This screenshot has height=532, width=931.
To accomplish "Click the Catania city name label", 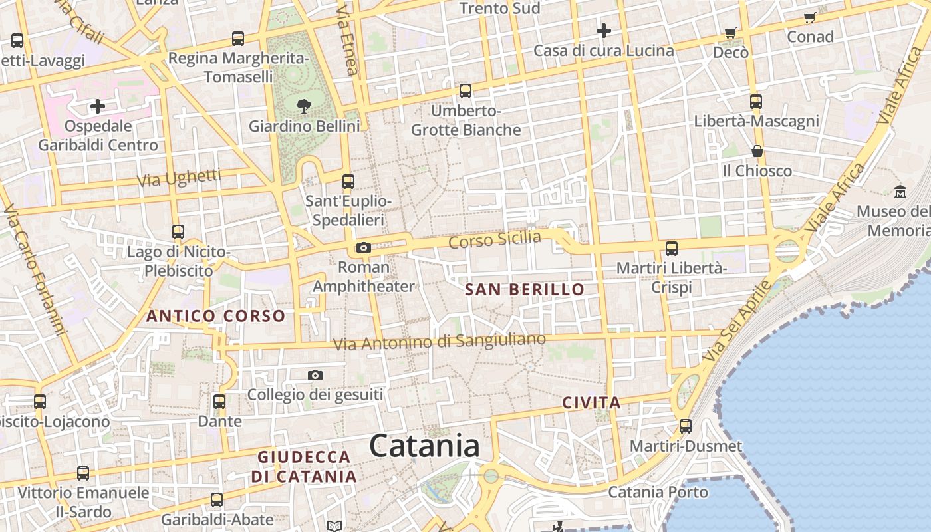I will (x=424, y=445).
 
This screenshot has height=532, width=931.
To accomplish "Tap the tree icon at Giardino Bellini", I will (x=304, y=106).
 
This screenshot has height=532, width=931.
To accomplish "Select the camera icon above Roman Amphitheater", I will (x=363, y=248).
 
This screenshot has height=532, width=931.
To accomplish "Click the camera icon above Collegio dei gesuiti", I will (x=315, y=376).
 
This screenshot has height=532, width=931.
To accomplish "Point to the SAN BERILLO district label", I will (x=524, y=289).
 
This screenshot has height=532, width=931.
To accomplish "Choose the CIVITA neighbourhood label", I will (x=591, y=402).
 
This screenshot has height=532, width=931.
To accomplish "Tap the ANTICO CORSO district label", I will (x=215, y=316).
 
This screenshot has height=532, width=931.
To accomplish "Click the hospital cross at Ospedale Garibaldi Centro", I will (x=98, y=106).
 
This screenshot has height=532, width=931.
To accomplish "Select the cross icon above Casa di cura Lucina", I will (x=603, y=31).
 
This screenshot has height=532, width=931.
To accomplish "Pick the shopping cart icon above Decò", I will (x=731, y=33).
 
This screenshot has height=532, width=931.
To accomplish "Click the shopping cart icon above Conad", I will (x=809, y=18).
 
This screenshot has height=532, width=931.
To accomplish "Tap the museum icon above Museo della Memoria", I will (x=900, y=192).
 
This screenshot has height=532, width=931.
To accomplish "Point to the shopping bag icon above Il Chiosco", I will (x=757, y=151).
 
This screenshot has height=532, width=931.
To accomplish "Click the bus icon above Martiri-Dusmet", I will (x=685, y=426).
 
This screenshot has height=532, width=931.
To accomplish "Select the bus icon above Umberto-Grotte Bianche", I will (x=465, y=91).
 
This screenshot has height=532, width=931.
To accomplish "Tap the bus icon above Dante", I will (x=219, y=402).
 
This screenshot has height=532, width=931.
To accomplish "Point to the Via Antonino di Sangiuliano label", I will (x=439, y=342).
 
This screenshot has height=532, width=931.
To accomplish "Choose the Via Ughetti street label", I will (x=179, y=178).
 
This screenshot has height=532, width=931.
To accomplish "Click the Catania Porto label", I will (x=658, y=492).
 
